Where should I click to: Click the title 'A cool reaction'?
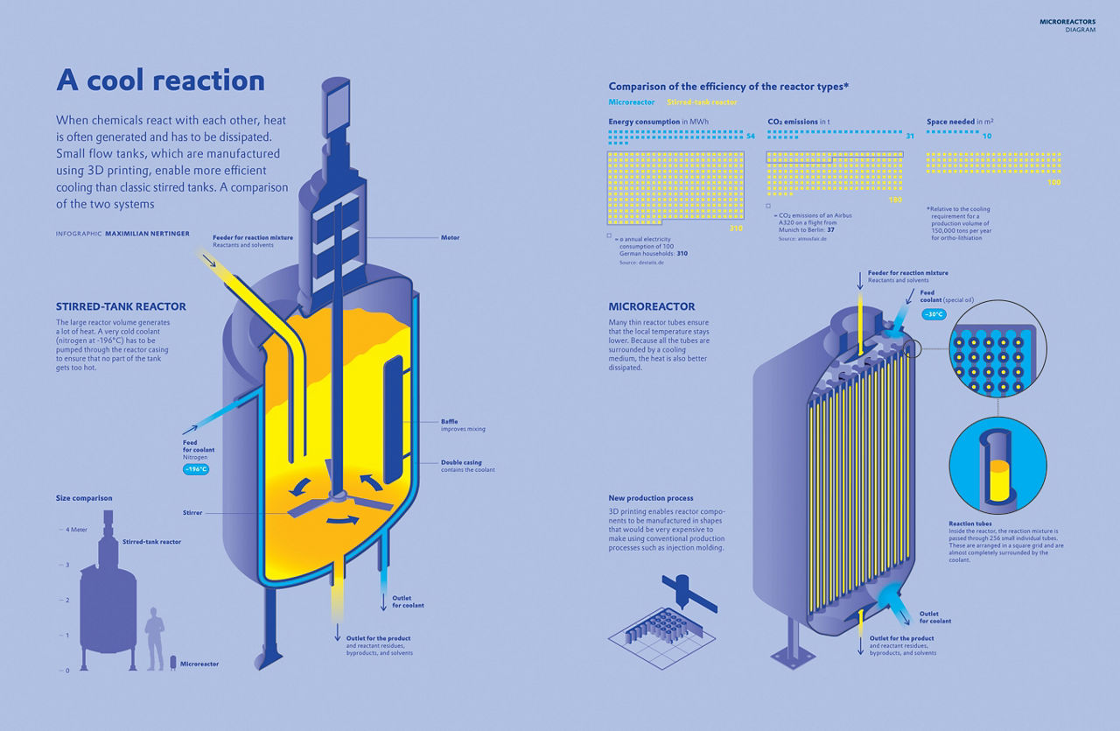(x=160, y=81)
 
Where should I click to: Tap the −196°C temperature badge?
(x=195, y=469)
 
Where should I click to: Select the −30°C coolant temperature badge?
(x=934, y=314)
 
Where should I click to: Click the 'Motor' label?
(x=451, y=237)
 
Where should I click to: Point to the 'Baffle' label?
(x=449, y=421)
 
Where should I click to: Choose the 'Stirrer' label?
(x=193, y=512)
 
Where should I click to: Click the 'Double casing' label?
(x=461, y=462)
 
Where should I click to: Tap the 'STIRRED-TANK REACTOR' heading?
(x=121, y=307)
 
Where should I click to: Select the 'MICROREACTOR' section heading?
(x=652, y=307)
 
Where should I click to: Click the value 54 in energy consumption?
(x=751, y=136)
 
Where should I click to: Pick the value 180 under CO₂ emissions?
(x=895, y=200)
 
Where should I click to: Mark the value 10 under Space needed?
(x=987, y=136)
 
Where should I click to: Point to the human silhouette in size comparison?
(x=155, y=639)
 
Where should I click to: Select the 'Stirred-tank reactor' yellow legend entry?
(x=709, y=102)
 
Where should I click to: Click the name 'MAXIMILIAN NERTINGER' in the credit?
(x=147, y=234)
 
